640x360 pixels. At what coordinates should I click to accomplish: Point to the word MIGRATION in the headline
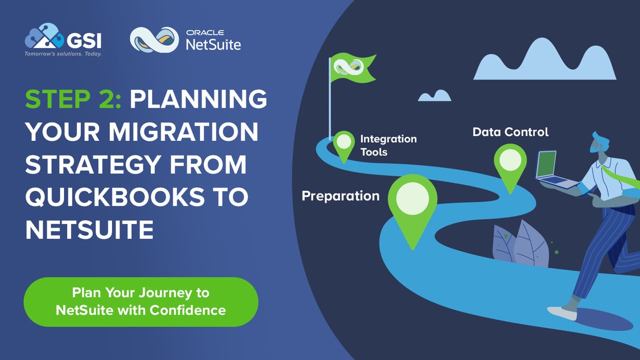[177, 133]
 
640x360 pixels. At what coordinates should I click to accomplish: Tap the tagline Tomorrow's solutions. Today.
[63, 54]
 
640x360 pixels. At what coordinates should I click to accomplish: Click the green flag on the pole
[353, 68]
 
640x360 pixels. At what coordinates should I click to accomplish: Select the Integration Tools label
[388, 145]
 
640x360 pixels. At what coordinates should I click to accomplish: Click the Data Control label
[510, 131]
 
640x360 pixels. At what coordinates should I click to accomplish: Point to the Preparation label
[340, 196]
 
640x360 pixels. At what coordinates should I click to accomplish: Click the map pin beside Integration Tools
[344, 143]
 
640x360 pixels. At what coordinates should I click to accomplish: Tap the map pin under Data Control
[510, 163]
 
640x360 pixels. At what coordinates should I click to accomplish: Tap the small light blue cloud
[434, 95]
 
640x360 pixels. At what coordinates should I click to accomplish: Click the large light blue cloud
[545, 61]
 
